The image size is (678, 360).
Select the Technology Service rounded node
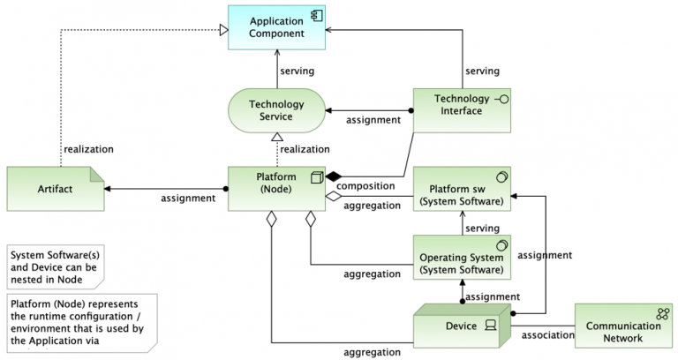coord(270,110)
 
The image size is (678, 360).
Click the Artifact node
coord(55,188)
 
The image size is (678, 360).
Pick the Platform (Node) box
coord(275,189)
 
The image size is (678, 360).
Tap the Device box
coord(461,325)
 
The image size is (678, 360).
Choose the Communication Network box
coord(622,326)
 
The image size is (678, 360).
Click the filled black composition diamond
coord(334,176)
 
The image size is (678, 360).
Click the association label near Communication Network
coord(547,335)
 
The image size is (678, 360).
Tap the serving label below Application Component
coord(298,70)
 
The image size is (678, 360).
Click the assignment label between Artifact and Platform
coord(187,198)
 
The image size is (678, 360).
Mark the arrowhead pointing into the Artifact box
coord(109,188)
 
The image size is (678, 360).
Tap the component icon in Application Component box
coord(315,15)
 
